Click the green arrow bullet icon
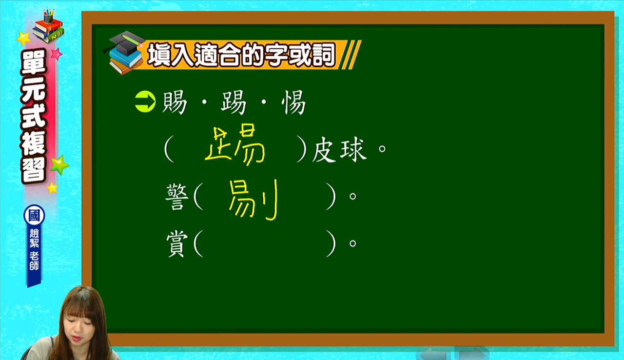(x=145, y=101)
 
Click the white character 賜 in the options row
(x=175, y=102)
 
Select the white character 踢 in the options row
(x=234, y=102)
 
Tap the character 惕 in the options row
(x=293, y=102)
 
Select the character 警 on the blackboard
(x=177, y=197)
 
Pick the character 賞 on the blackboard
(x=177, y=244)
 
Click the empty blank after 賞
(x=265, y=243)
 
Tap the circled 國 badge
(x=34, y=215)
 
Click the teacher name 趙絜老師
(x=34, y=250)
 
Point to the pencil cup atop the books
(x=49, y=16)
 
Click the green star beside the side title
(x=59, y=165)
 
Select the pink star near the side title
(x=57, y=54)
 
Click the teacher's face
(x=79, y=326)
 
